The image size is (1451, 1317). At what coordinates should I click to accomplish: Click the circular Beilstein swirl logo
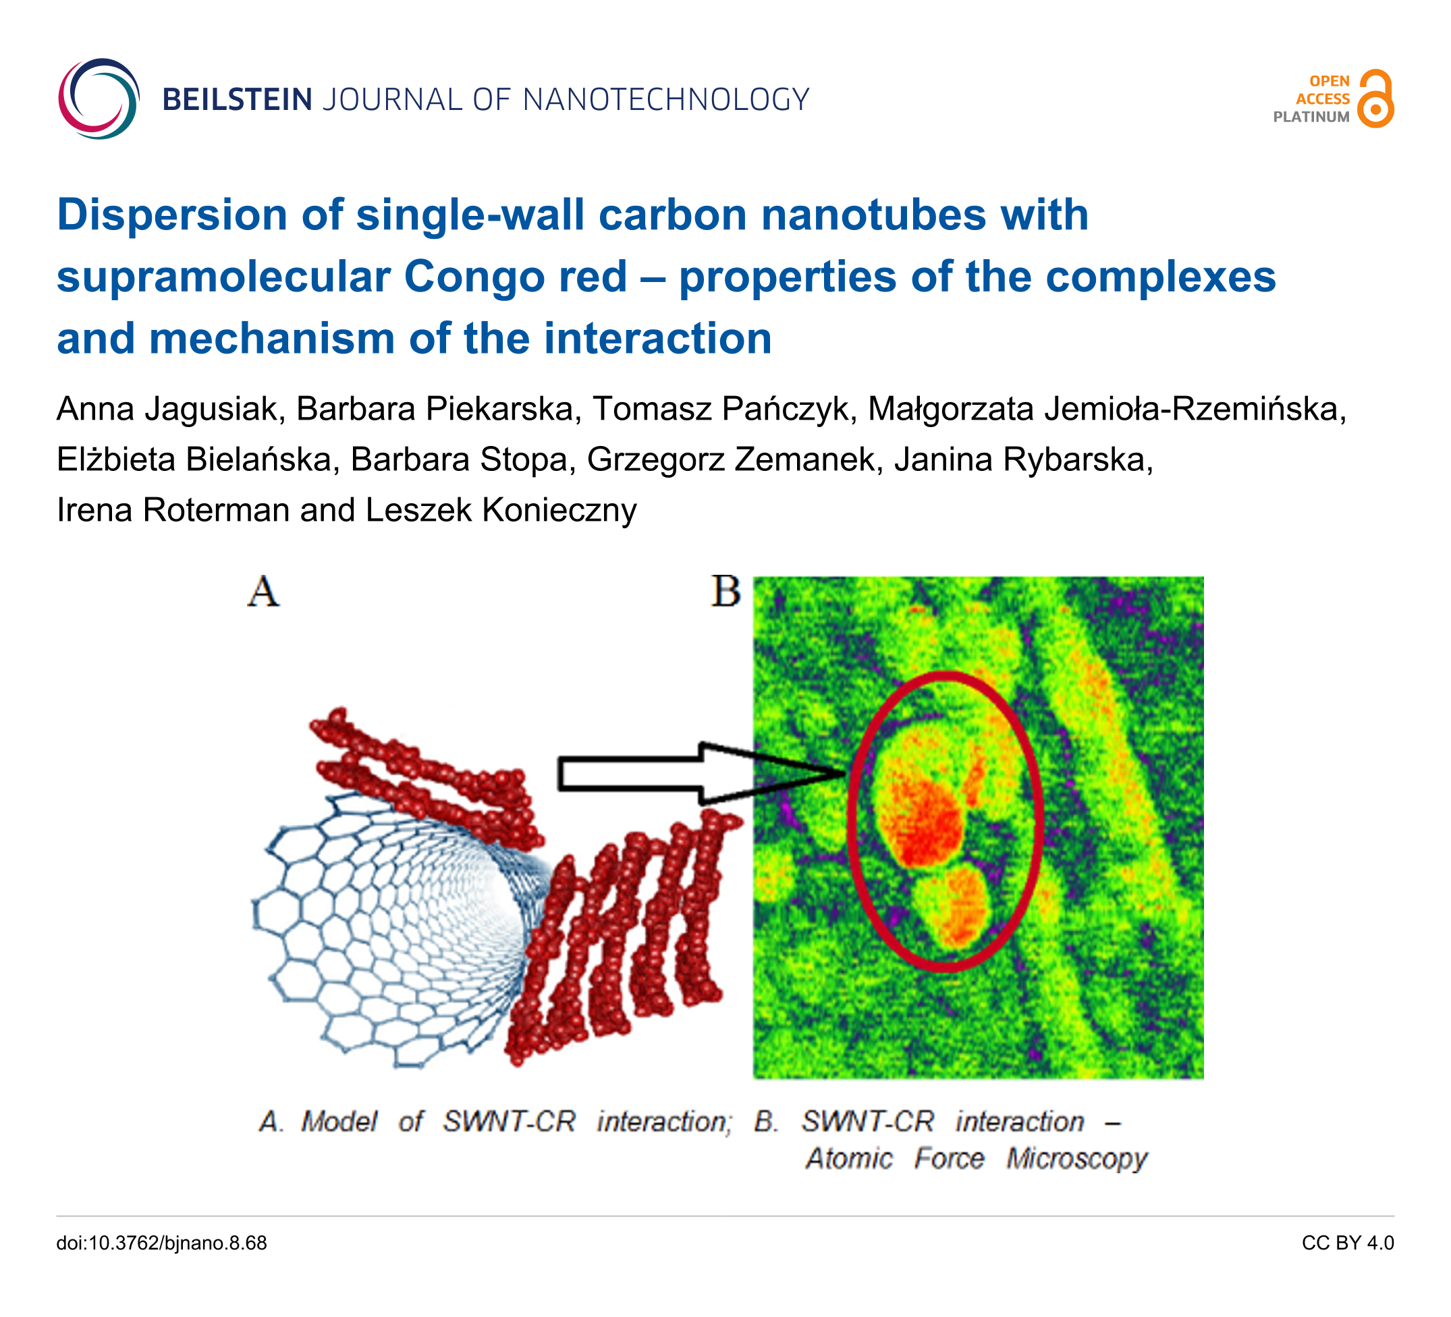coord(99,99)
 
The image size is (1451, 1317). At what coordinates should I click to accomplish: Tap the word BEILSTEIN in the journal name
coord(238,100)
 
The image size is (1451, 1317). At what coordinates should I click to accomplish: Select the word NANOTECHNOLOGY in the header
coord(667,100)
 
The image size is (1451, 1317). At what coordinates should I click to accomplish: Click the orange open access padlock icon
coord(1375,99)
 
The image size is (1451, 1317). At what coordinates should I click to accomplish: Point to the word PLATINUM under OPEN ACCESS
coord(1311,117)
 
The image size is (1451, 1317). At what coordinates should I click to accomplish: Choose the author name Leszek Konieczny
coord(501,511)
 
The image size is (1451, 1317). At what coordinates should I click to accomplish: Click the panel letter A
coord(263,592)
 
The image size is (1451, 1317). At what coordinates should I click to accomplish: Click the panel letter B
coord(725,591)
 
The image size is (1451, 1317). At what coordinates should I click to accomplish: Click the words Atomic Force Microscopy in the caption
coord(976,1158)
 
